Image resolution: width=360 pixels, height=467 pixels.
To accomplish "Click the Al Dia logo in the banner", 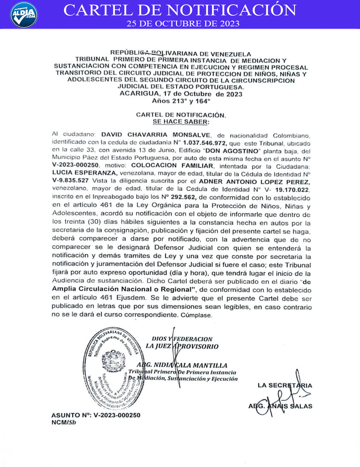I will tap(24, 15).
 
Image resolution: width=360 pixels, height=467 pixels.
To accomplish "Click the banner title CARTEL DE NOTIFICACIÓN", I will tap(180, 10).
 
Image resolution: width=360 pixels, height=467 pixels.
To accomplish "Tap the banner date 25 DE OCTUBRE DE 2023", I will tap(183, 24).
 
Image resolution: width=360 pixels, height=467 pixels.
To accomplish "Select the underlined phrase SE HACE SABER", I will tap(181, 122).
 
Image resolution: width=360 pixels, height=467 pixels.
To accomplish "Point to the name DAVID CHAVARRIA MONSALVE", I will tap(156, 135).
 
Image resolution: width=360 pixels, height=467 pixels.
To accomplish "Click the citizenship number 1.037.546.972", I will tap(205, 143).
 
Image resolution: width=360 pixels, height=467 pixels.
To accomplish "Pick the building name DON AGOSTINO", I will tap(232, 151).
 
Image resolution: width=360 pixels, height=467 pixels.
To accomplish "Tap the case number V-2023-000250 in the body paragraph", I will tap(75, 165).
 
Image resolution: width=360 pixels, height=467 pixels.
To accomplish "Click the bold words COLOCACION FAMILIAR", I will tap(172, 165).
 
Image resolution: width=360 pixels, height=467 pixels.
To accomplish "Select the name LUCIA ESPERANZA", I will tap(84, 173).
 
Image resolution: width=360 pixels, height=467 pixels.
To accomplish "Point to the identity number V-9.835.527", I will tap(70, 180).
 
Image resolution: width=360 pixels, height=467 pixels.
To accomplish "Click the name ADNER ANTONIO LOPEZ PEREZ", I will tap(254, 182).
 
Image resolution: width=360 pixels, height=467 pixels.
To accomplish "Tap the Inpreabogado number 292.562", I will tap(183, 197).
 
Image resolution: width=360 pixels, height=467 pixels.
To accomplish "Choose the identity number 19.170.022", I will tap(292, 190).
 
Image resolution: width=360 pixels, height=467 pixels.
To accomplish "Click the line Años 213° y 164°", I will tap(181, 101).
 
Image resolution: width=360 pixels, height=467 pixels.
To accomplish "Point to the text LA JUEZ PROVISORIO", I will tap(182, 346).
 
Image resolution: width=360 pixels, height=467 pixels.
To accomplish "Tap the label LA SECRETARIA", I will tap(285, 385).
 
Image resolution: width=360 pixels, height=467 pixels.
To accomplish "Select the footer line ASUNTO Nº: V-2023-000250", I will tap(96, 415).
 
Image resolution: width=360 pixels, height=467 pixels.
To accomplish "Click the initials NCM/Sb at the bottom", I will tap(64, 422).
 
